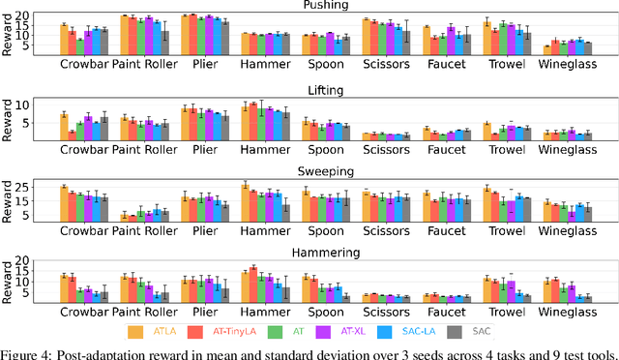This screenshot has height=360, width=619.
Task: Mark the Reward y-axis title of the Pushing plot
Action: tap(9, 34)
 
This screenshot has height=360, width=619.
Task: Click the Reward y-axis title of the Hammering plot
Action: tap(9, 281)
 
